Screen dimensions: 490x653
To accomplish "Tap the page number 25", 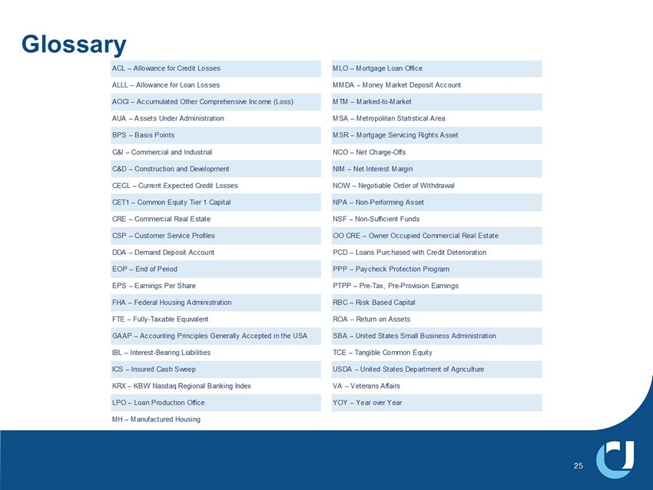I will click(x=578, y=465).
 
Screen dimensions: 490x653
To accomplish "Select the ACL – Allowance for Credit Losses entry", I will click(x=166, y=68).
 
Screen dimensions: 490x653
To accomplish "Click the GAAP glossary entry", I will click(x=209, y=336).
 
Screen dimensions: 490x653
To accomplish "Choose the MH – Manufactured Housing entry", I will click(x=156, y=419).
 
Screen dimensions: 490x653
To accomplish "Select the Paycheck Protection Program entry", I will click(x=391, y=269).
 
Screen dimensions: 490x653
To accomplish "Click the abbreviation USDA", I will click(x=343, y=369).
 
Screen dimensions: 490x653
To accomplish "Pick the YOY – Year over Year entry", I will click(x=367, y=402).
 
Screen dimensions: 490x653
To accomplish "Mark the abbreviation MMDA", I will click(x=343, y=84).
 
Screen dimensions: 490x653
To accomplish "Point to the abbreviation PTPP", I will click(x=342, y=286).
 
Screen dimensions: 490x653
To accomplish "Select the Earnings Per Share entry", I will click(x=154, y=286).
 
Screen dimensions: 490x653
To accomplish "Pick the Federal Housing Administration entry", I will click(x=171, y=302).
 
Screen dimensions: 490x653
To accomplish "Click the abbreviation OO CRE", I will click(x=346, y=235).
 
